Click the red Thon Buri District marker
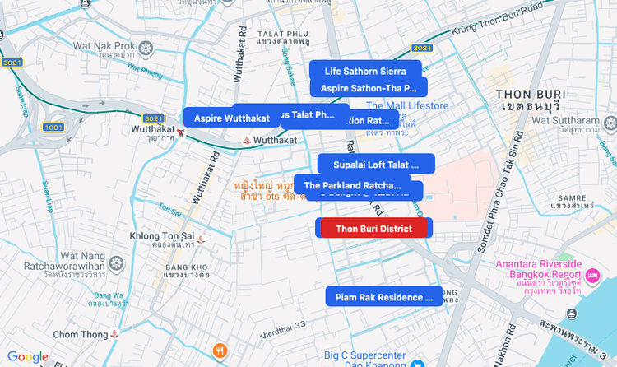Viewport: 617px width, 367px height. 374,228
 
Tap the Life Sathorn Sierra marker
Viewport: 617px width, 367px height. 365,72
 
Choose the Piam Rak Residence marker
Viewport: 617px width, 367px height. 383,297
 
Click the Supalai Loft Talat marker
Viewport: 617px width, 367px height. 376,165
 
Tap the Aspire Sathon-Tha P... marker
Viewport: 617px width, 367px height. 369,87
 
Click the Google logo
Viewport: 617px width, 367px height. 28,357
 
